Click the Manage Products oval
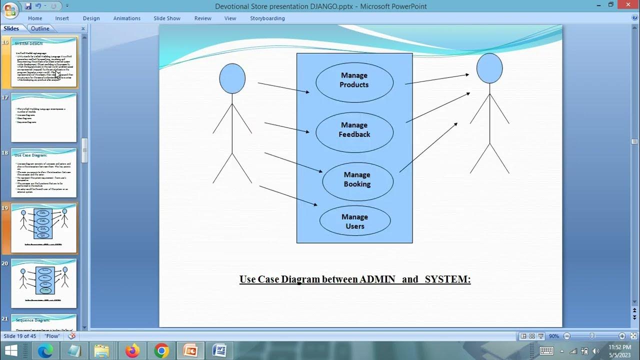[x=354, y=80]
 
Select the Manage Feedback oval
[x=354, y=130]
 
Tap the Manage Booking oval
[x=357, y=179]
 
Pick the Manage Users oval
[x=354, y=221]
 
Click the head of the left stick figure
[x=232, y=78]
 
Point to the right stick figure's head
[x=489, y=68]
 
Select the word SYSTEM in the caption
[x=447, y=279]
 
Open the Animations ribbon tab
[x=126, y=18]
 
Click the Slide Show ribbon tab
[x=166, y=18]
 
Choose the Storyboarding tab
[x=267, y=18]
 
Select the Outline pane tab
[x=40, y=28]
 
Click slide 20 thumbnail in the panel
[x=44, y=283]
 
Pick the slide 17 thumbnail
[x=44, y=117]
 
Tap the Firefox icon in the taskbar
[x=132, y=351]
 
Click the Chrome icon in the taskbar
[x=161, y=351]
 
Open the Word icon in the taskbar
[x=219, y=351]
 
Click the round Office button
[x=10, y=10]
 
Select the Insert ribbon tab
[x=62, y=18]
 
